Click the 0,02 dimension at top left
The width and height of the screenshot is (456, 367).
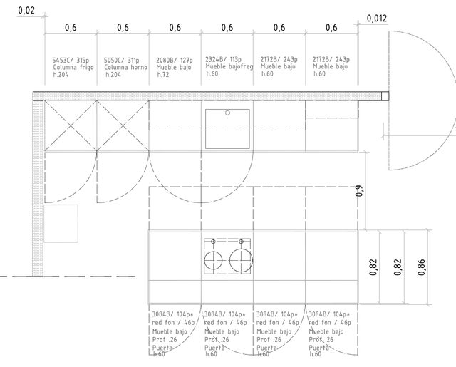pos(26,11)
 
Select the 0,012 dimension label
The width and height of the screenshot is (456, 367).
pos(378,19)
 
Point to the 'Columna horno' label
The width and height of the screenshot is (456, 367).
pos(125,67)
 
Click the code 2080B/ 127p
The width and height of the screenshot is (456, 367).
pos(175,60)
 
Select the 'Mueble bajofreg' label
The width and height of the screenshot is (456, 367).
pos(228,66)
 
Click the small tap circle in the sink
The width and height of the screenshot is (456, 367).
pos(227,113)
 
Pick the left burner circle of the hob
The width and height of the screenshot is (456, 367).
pos(212,261)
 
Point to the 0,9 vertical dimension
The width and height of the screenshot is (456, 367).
pos(360,190)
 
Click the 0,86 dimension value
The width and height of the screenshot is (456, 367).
pos(421,267)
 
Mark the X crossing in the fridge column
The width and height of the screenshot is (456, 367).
pos(71,125)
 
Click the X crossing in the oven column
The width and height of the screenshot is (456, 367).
pos(123,125)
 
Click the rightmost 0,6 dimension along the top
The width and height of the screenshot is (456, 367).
pos(331,27)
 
